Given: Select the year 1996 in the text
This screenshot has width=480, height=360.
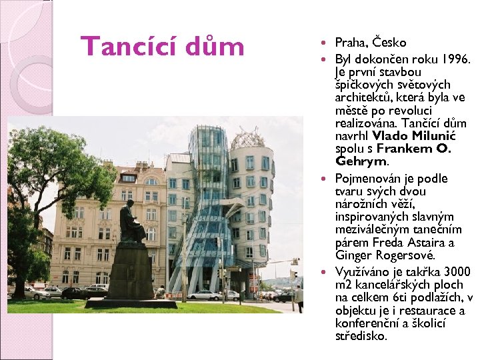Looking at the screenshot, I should tap(457, 58).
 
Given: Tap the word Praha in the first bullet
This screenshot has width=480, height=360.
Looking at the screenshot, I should tap(351, 43).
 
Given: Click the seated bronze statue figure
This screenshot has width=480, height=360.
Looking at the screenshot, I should tap(131, 223).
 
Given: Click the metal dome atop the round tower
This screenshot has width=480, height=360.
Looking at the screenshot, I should tap(247, 138).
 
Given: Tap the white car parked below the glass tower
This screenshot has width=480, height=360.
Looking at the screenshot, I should tap(201, 295).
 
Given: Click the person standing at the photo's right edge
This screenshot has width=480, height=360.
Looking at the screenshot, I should tap(299, 297).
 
